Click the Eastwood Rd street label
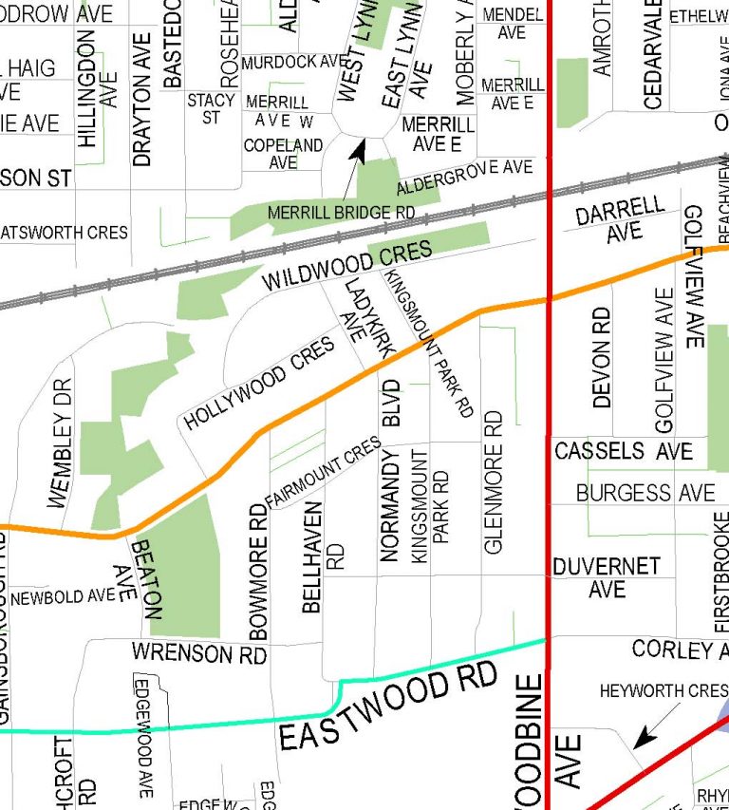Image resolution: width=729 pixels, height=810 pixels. pyautogui.click(x=389, y=706)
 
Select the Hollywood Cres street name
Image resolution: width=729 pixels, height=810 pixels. pyautogui.click(x=260, y=383)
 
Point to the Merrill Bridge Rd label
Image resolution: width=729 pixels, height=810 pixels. pyautogui.click(x=342, y=213)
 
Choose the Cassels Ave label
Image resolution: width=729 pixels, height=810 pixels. pyautogui.click(x=624, y=450)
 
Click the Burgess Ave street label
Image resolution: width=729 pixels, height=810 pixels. pyautogui.click(x=645, y=493)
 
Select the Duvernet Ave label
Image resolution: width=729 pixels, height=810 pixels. pyautogui.click(x=607, y=577)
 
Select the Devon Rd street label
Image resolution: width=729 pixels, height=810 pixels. pyautogui.click(x=602, y=357)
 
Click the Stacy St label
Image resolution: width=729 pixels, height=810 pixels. pyautogui.click(x=211, y=108)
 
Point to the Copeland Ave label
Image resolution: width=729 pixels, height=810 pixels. pyautogui.click(x=283, y=154)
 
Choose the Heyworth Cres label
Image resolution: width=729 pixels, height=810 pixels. pyautogui.click(x=662, y=691)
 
